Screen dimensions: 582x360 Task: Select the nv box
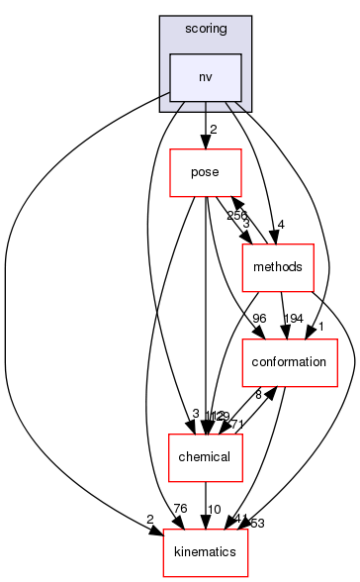(205, 76)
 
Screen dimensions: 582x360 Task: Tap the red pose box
(206, 173)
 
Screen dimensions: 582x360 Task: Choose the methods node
(278, 266)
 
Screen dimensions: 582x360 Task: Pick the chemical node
(206, 456)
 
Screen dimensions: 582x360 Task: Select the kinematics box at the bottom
(206, 551)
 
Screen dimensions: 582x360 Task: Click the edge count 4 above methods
(283, 225)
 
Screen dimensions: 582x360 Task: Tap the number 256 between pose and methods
(237, 215)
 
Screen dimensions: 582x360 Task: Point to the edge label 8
(259, 394)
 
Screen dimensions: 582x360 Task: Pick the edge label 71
(238, 424)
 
